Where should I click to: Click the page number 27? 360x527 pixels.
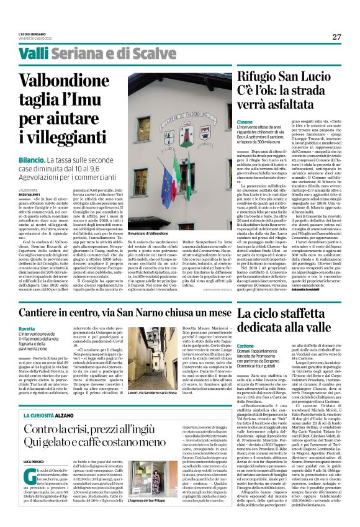tap(336, 36)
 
